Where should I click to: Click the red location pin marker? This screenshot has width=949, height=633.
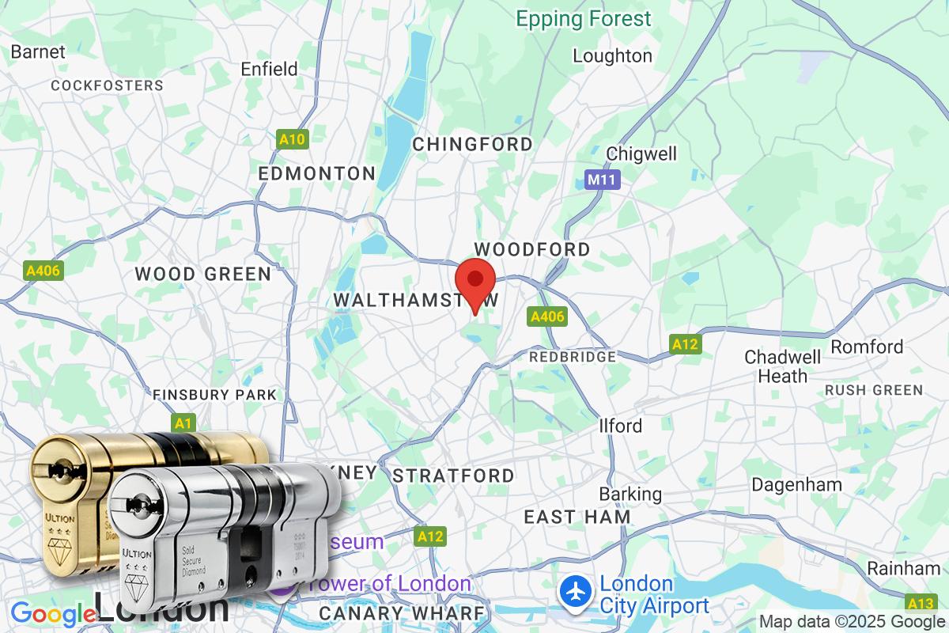click(x=475, y=282)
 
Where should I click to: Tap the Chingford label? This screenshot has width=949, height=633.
click(x=473, y=144)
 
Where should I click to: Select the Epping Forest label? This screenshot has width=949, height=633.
click(x=584, y=19)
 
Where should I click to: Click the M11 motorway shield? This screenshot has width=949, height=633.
click(x=603, y=180)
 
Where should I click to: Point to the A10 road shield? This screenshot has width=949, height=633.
click(x=292, y=140)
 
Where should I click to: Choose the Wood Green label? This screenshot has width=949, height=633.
click(x=202, y=274)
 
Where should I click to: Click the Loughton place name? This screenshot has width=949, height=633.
click(x=612, y=56)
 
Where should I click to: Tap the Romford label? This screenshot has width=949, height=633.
click(x=867, y=347)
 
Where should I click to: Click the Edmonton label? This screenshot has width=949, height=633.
click(x=317, y=173)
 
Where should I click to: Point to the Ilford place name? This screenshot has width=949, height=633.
click(x=621, y=426)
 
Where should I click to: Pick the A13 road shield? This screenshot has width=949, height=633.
click(x=921, y=604)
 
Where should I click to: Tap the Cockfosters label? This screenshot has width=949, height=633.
click(x=107, y=85)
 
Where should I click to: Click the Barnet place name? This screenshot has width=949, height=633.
click(x=38, y=52)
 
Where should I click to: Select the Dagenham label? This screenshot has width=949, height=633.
click(x=796, y=484)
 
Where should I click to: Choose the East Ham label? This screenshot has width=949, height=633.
click(x=577, y=517)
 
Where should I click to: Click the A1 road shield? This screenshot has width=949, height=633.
click(x=183, y=424)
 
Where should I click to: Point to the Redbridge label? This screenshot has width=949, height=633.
click(x=573, y=357)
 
